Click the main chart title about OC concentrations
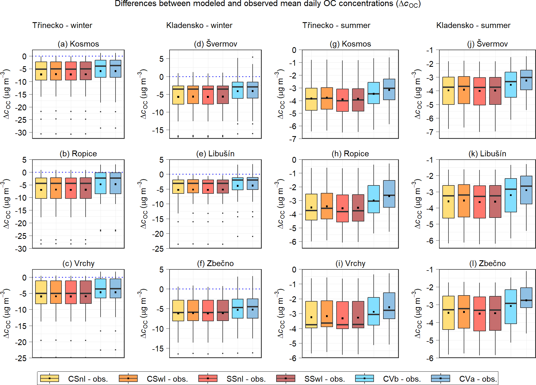click(268, 4)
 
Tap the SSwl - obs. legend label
click(324, 379)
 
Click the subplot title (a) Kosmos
click(78, 44)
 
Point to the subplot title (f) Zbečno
click(215, 263)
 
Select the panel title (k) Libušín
click(487, 154)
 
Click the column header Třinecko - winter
click(62, 25)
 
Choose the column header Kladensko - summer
click(473, 25)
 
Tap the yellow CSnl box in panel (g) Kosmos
click(311, 99)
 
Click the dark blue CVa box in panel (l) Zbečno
click(526, 297)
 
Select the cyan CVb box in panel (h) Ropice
click(373, 199)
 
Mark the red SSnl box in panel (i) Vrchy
click(342, 315)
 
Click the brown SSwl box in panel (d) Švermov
click(223, 95)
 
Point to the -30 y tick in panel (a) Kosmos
click(21, 133)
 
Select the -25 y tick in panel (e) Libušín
click(157, 249)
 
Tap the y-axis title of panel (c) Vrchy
click(6, 313)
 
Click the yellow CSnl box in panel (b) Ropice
click(41, 188)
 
